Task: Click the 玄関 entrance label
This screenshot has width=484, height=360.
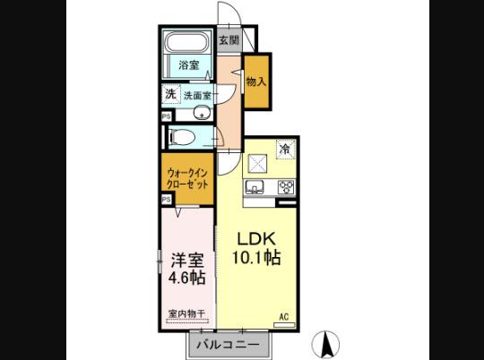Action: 229,40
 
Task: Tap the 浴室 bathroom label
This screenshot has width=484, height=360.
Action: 187,65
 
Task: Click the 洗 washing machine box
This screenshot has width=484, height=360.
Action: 169,93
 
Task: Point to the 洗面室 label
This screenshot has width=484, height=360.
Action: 197,94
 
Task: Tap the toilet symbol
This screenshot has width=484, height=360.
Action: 184,137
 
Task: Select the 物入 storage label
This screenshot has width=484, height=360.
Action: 256,81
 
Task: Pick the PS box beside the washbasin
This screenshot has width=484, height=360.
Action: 167,116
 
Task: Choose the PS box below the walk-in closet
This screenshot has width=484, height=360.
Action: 167,200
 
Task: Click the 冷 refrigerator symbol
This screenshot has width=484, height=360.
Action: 285,150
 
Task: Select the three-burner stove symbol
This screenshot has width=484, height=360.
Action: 287,187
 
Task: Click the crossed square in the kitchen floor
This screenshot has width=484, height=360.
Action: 256,163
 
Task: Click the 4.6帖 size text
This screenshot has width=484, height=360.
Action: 186,278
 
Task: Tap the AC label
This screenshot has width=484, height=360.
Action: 284,316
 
